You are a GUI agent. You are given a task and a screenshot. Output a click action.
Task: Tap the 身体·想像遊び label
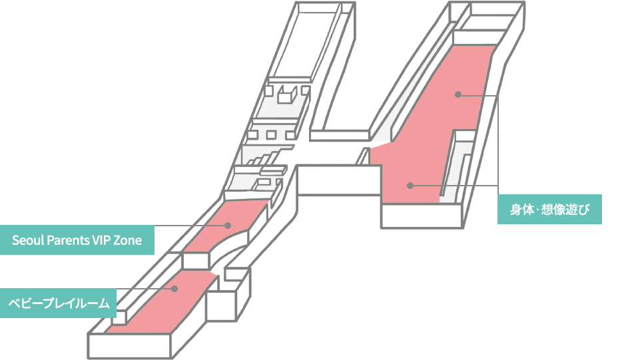(x=550, y=210)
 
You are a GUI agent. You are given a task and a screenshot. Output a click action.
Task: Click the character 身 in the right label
(x=516, y=210)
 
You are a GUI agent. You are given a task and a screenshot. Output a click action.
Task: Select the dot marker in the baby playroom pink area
(x=174, y=289)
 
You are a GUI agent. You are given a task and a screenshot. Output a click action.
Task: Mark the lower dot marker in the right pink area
(x=410, y=185)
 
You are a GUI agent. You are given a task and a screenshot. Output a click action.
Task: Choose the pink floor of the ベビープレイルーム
(x=160, y=303)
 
